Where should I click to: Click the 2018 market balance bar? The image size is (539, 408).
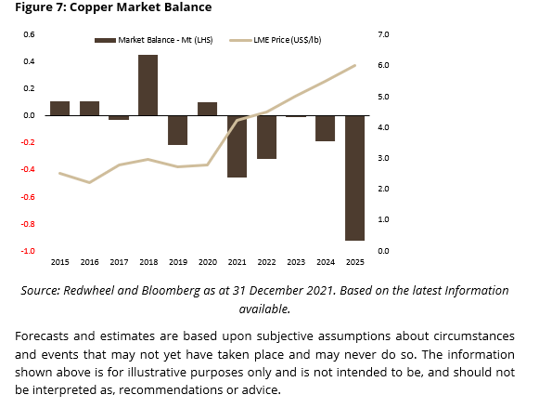pos(148,86)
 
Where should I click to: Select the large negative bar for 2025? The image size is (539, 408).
pos(354,178)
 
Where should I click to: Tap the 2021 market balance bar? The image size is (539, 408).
pos(237,146)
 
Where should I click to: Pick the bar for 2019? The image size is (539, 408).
pos(178,130)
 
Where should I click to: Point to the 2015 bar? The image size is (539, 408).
pos(59,109)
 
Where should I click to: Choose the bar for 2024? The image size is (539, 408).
pos(326,128)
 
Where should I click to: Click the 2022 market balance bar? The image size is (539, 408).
pos(266,137)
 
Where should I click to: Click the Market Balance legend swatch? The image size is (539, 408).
pos(105,41)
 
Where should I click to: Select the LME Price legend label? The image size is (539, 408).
pos(288,40)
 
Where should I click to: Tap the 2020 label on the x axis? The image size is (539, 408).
pos(208,262)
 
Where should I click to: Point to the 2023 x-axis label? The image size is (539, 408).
pos(296,262)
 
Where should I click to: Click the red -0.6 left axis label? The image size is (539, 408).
pos(28,197)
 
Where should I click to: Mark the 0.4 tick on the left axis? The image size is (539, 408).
pos(29,61)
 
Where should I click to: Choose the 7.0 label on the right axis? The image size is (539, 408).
pos(383,34)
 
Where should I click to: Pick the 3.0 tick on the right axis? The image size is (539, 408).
pos(383,158)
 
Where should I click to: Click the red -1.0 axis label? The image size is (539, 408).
pos(28,251)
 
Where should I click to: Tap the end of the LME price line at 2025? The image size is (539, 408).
pos(354,65)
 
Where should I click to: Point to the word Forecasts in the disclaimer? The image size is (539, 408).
pos(41,336)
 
